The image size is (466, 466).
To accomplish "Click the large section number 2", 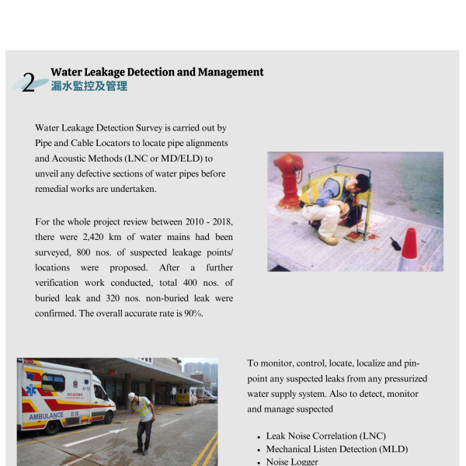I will (29, 83).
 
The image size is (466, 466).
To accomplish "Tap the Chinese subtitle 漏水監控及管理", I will (89, 86).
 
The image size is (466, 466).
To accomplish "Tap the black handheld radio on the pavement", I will (394, 247).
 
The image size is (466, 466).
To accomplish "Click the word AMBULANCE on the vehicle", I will (47, 416).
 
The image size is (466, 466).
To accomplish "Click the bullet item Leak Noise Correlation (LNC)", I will (325, 436).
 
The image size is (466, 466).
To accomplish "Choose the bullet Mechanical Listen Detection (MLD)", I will (336, 449).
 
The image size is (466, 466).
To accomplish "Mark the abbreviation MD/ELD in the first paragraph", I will (174, 158).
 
